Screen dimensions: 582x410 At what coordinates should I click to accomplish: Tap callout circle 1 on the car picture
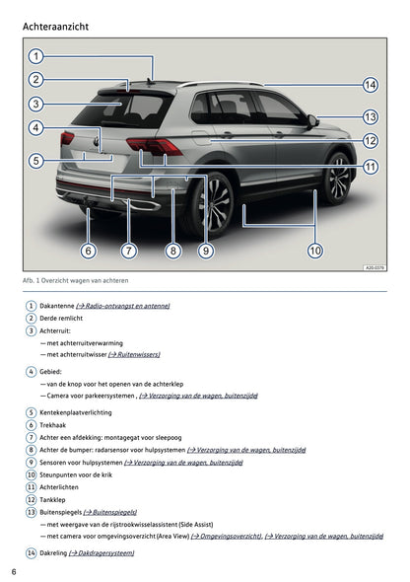[35, 56]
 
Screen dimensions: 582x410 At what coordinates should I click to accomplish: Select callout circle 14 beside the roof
[371, 85]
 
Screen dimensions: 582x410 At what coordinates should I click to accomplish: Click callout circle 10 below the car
[314, 251]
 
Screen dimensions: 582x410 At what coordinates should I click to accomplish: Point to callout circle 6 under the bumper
[88, 251]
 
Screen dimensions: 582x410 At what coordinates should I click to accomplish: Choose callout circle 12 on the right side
[371, 141]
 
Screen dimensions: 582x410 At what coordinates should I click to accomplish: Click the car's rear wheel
[215, 202]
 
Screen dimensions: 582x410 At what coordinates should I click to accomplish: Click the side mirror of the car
[313, 120]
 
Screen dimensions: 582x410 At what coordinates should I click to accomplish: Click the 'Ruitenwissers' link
[133, 353]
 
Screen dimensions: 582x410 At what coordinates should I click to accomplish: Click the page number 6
[14, 572]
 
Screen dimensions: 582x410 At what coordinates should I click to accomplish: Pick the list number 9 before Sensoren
[32, 461]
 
